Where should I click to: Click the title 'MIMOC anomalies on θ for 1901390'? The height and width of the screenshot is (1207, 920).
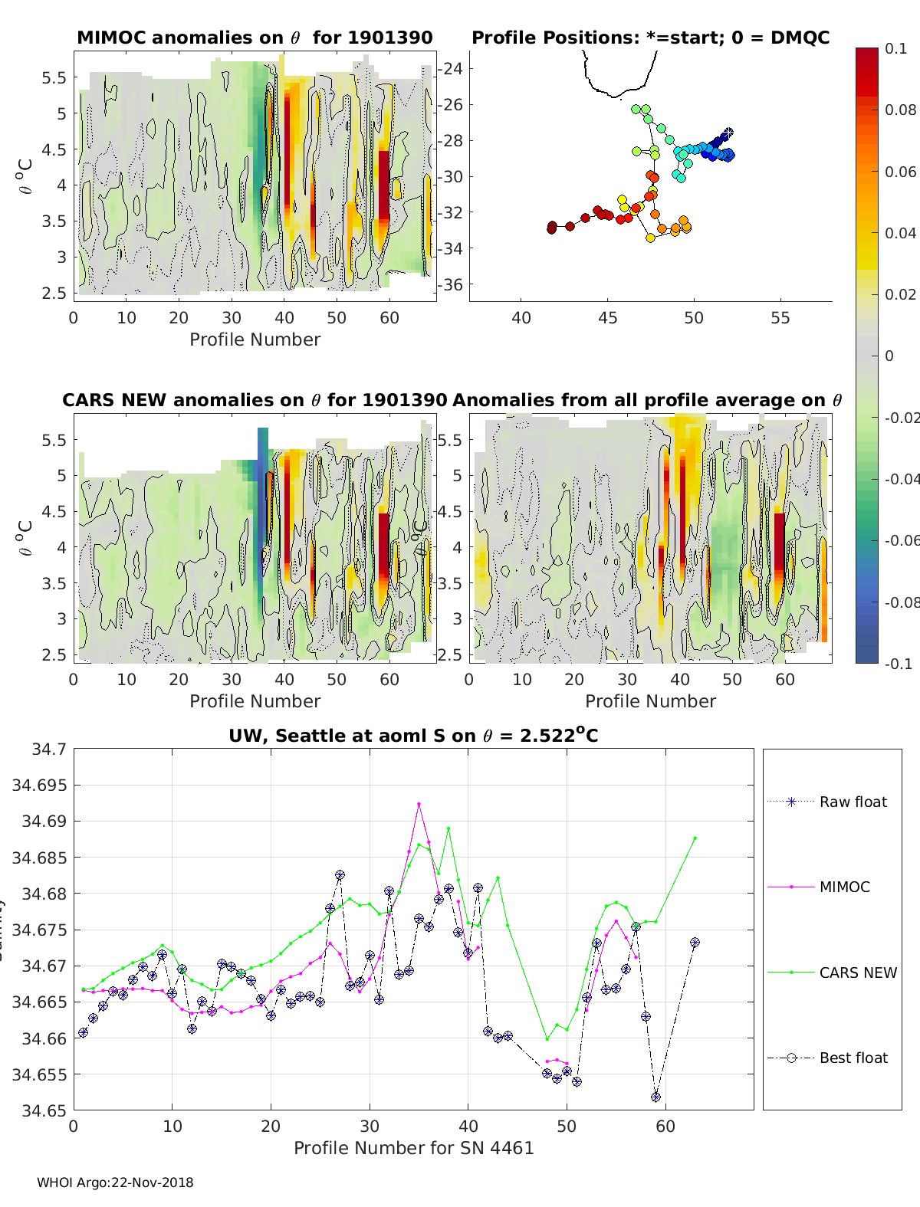pyautogui.click(x=255, y=38)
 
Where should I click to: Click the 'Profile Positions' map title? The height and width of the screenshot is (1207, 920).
pyautogui.click(x=650, y=38)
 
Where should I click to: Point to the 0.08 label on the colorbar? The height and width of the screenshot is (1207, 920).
pyautogui.click(x=900, y=110)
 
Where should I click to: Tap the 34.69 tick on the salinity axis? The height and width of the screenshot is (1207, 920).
pyautogui.click(x=49, y=821)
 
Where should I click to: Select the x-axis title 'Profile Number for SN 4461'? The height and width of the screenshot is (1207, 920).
pyautogui.click(x=413, y=1147)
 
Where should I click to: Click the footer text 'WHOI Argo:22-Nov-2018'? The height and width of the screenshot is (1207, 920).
pyautogui.click(x=115, y=1182)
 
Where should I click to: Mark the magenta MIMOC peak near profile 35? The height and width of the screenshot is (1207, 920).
pyautogui.click(x=419, y=804)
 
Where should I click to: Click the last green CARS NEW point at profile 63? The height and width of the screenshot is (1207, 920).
pyautogui.click(x=695, y=838)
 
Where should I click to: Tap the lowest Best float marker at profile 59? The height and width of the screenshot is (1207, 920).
pyautogui.click(x=655, y=1097)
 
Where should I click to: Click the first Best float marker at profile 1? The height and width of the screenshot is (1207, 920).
pyautogui.click(x=84, y=1032)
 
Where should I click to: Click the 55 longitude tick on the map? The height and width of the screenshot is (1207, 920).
pyautogui.click(x=780, y=318)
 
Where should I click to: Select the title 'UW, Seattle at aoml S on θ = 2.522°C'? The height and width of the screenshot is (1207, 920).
pyautogui.click(x=413, y=736)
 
